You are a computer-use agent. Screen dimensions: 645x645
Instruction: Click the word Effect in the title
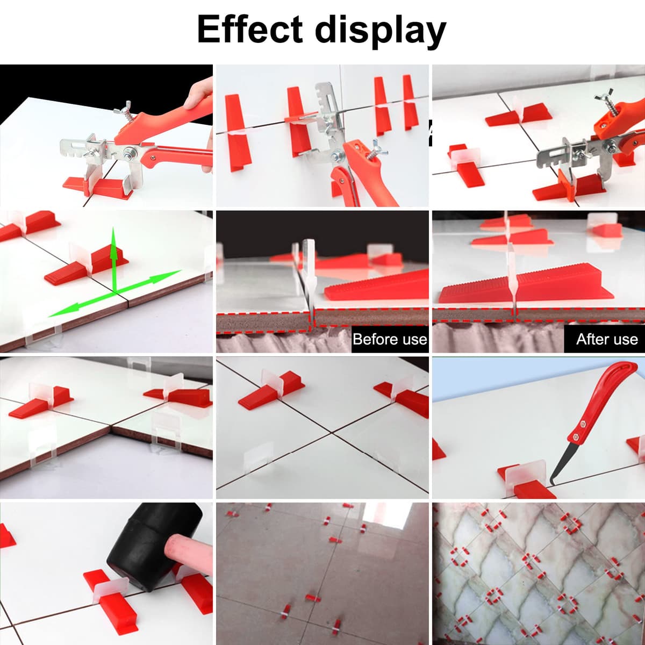250,29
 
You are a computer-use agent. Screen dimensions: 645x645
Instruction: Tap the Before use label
390,339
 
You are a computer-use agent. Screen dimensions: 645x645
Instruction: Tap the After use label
607,339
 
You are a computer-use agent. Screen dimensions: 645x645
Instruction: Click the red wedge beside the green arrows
87,266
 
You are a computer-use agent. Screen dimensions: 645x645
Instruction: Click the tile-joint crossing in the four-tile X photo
332,433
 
